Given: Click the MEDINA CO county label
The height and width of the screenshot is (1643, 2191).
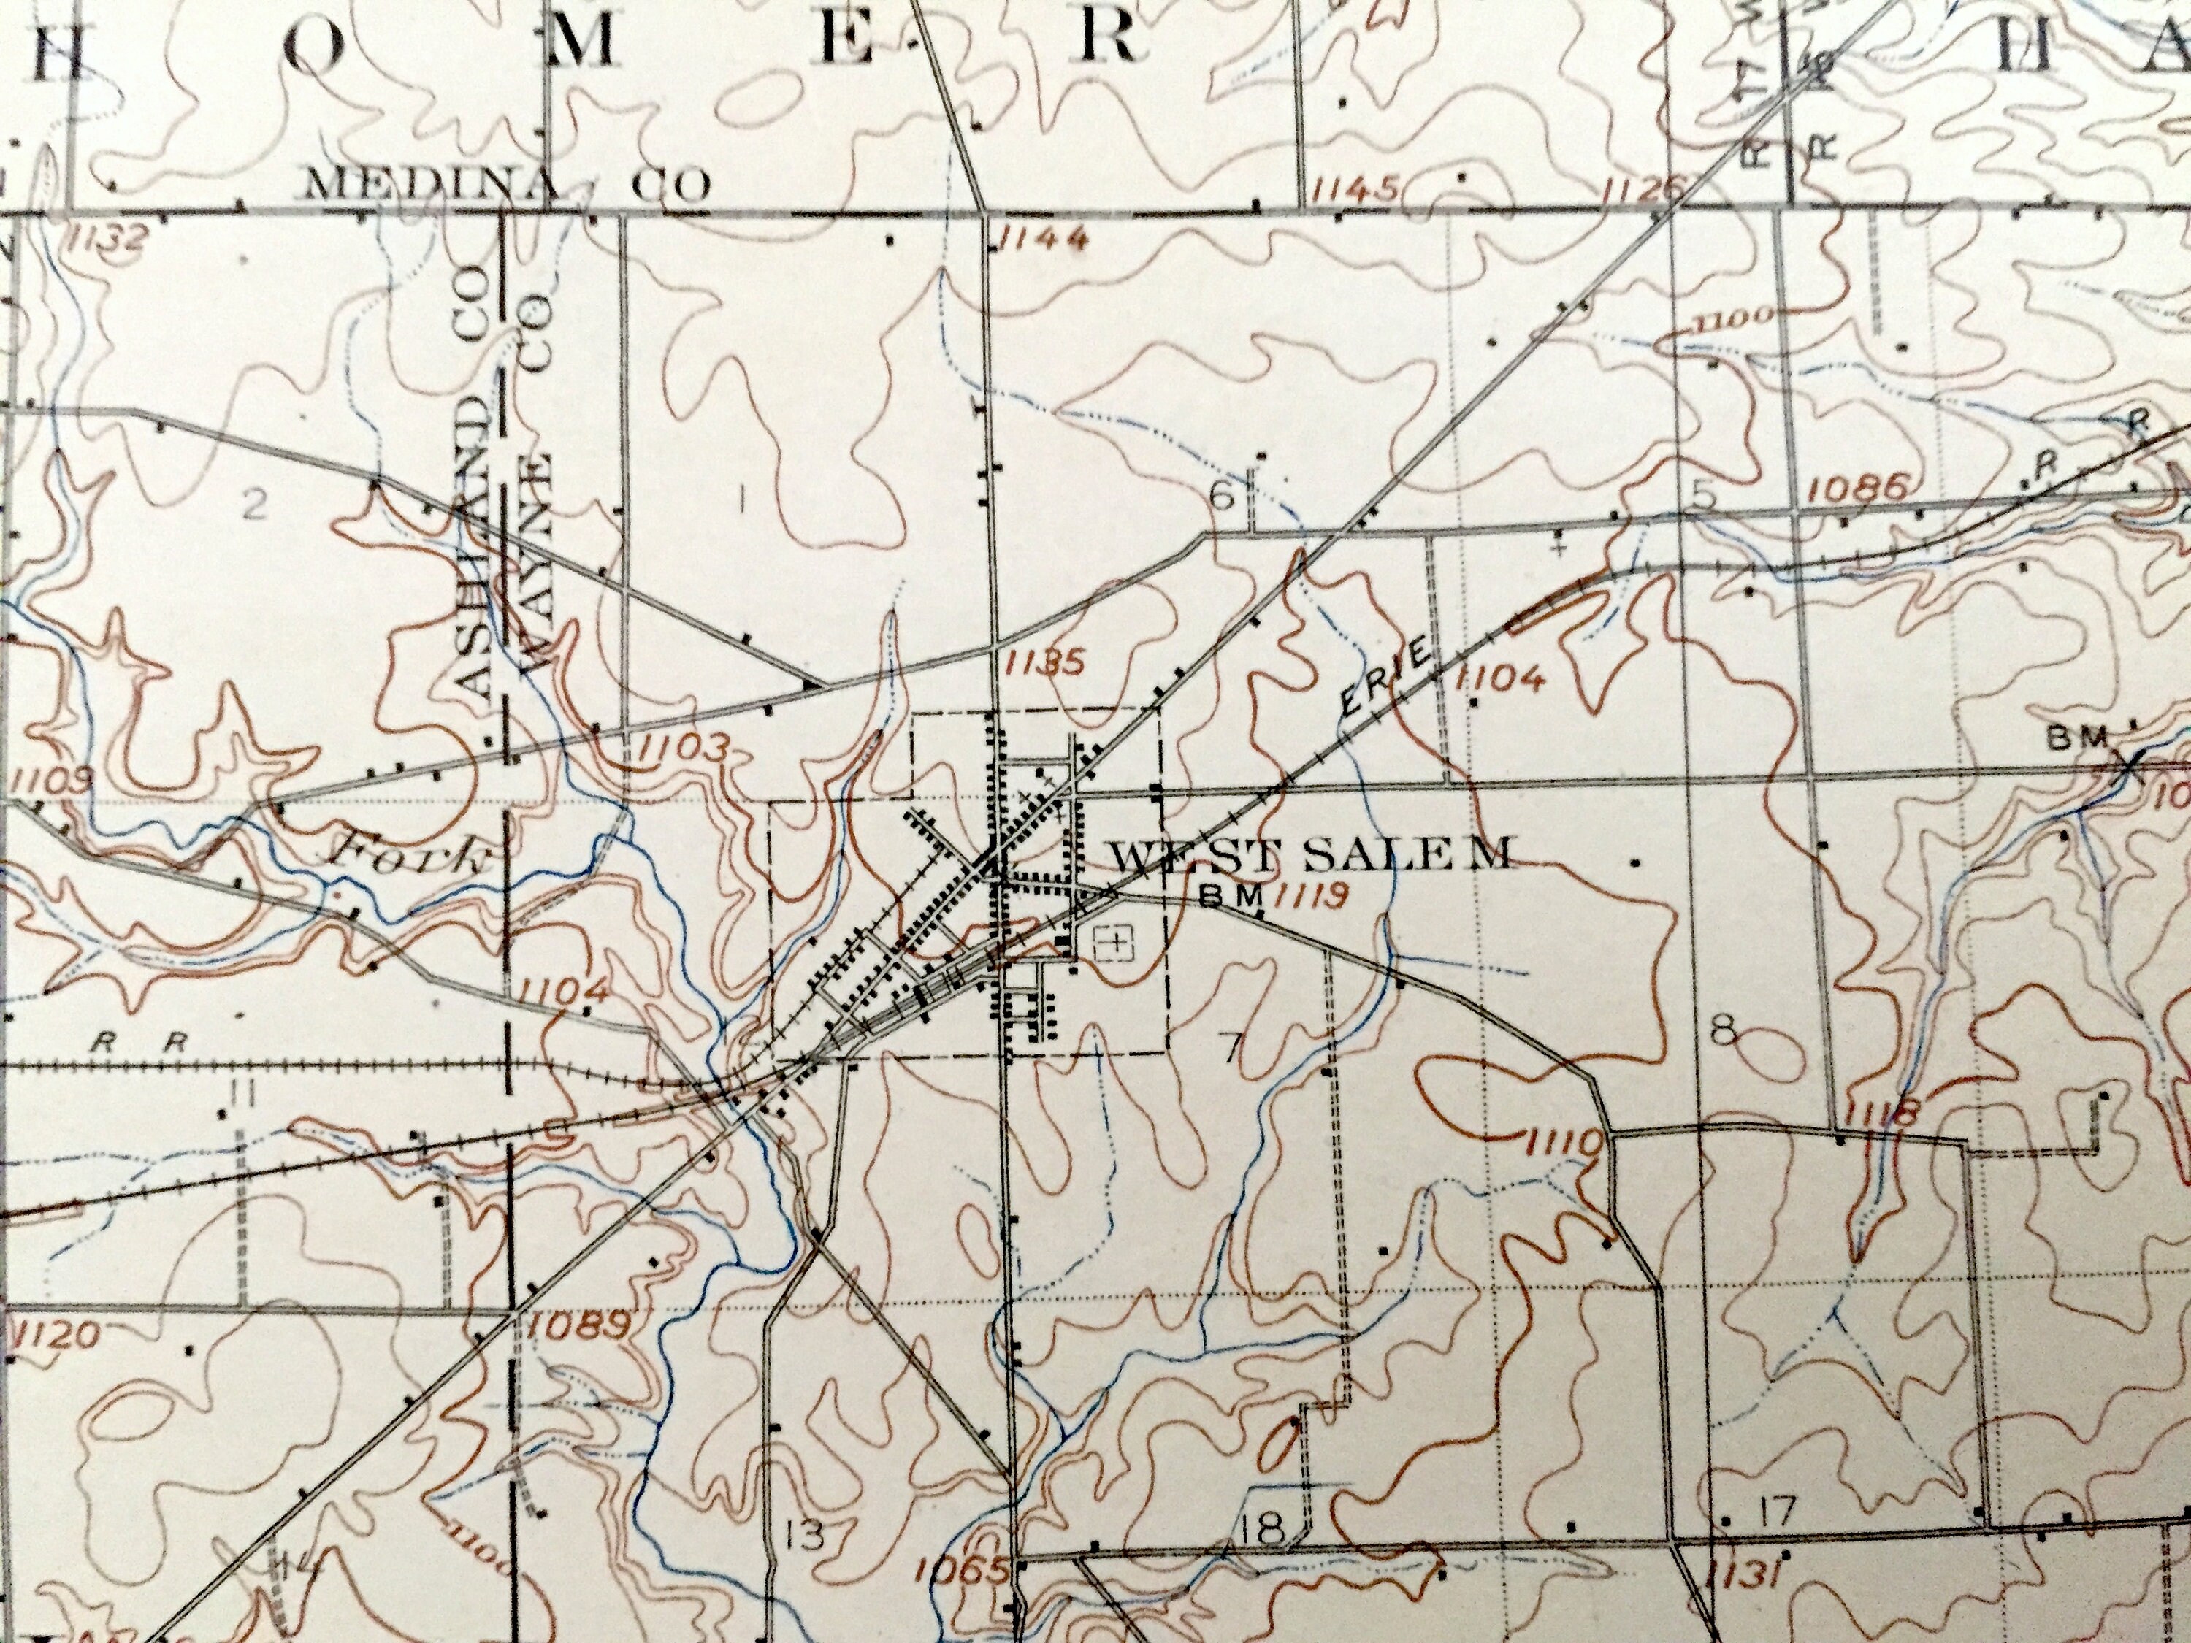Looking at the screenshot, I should point(509,184).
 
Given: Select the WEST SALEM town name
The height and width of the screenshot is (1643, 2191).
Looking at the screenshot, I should point(1309,854).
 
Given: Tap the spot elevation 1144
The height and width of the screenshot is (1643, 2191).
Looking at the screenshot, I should point(1044,237).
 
